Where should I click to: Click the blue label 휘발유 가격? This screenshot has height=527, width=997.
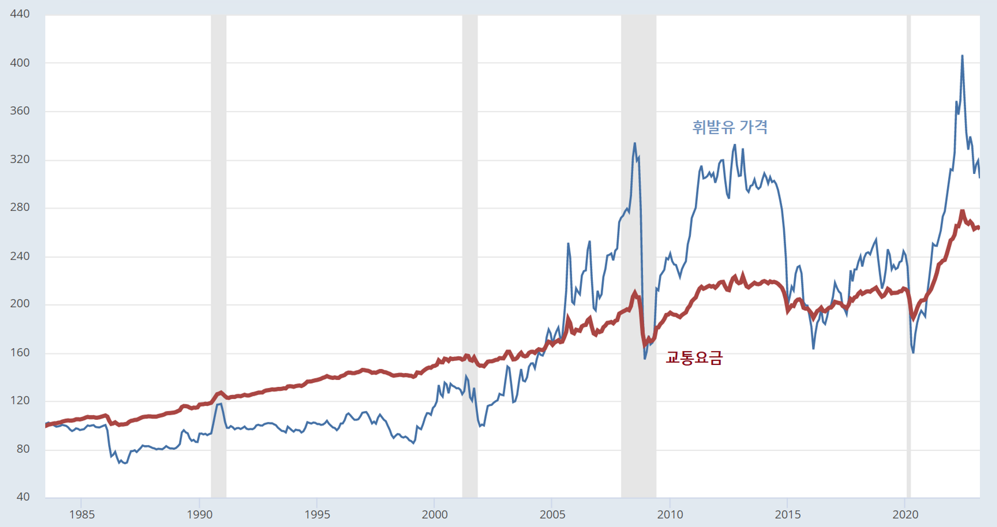coord(730,127)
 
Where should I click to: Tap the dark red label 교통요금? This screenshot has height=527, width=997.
coord(694,357)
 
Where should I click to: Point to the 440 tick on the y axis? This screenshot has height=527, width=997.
coord(20,13)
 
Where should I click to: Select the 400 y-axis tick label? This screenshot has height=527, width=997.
coord(20,63)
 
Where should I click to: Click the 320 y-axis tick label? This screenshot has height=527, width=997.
coord(20,159)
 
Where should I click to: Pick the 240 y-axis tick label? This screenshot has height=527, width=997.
coord(20,256)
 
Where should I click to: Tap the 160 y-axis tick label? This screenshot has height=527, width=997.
coord(20,352)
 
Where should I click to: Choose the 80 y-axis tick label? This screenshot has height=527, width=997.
coord(23,449)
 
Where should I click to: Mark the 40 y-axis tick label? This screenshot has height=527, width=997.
coord(23,497)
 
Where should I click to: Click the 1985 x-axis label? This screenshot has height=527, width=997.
coord(82,515)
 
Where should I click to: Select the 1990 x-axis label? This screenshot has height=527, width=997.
coord(199,515)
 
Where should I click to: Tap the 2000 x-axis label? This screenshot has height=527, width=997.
coord(435,515)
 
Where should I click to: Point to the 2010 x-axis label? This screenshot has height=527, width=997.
coord(670,515)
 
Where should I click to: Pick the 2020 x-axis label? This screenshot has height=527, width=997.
coord(905,515)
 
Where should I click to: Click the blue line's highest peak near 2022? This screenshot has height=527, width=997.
coord(962,56)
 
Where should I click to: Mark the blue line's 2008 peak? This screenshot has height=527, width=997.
coord(635,144)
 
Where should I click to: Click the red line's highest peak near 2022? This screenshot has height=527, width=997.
coord(962,211)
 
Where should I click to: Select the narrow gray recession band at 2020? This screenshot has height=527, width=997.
coord(909,256)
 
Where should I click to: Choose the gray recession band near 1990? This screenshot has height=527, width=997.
coord(219,256)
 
